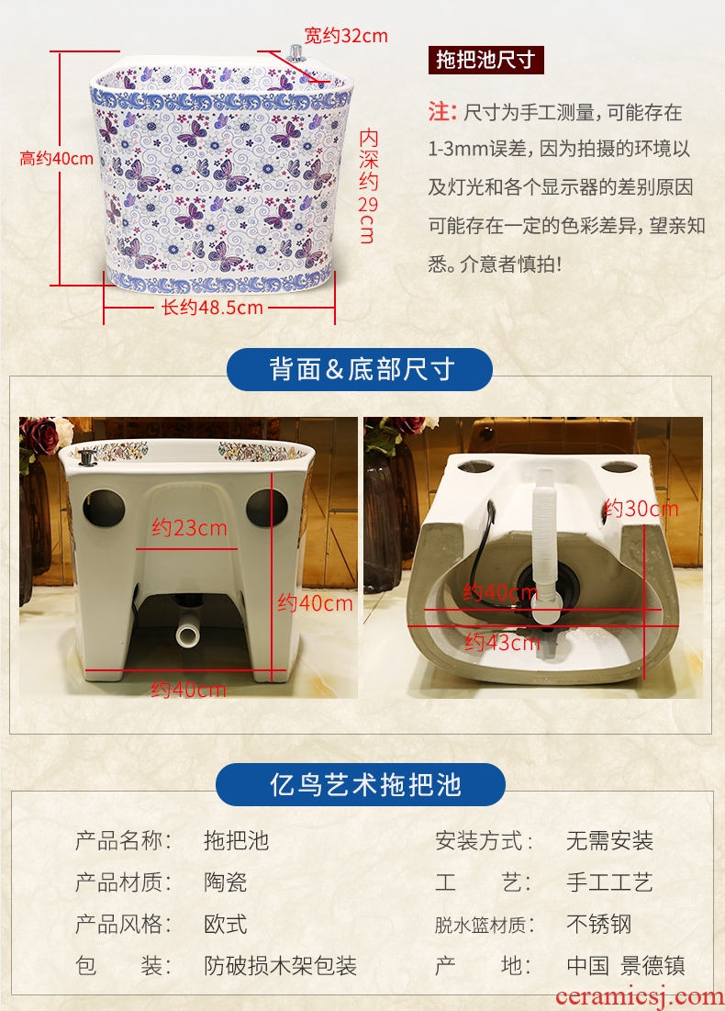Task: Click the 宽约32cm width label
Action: coord(346,35)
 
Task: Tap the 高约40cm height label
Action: coord(56,158)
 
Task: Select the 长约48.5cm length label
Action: coord(212,307)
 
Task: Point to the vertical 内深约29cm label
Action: coord(368,185)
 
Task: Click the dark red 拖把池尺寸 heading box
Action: coord(485,60)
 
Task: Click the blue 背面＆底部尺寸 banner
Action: coord(360,369)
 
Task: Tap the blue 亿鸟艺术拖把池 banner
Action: coord(361,785)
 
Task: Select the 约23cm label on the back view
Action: coord(189,528)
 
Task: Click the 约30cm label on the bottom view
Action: coord(641,509)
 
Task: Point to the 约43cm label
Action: coord(502,642)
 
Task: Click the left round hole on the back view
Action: coord(104,508)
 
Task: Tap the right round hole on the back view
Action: coord(266,508)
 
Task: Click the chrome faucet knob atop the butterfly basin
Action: coord(296,53)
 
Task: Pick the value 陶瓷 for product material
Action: coord(226,882)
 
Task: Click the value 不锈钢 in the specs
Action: coord(598,924)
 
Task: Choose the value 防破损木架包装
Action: coord(280,965)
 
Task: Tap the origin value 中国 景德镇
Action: coord(626,965)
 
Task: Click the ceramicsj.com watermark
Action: coord(639,996)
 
